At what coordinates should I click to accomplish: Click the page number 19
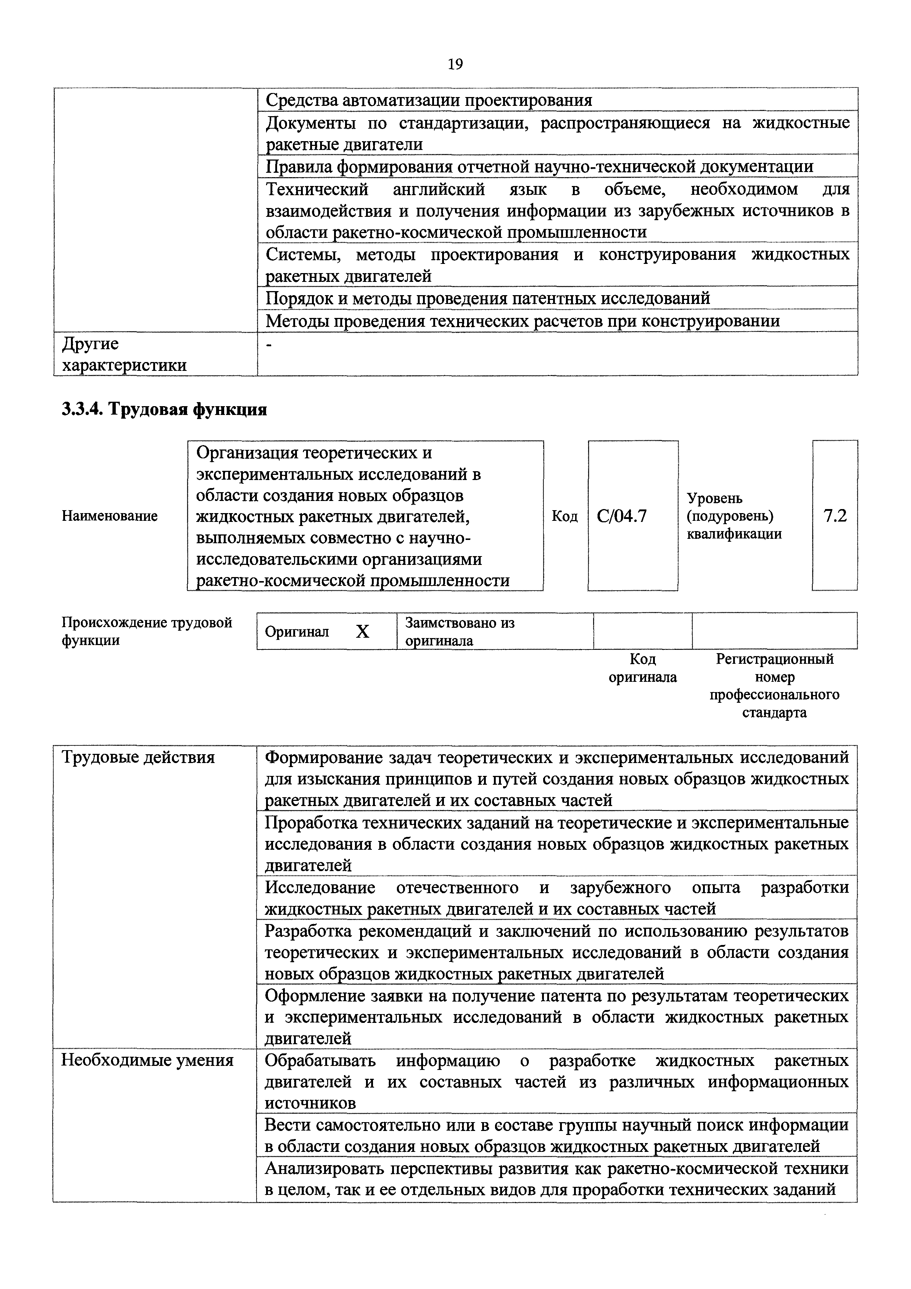(x=455, y=65)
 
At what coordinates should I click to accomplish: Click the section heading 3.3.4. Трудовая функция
(x=164, y=409)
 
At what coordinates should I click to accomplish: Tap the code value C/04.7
(x=622, y=515)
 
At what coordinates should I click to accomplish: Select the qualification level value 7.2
(x=835, y=515)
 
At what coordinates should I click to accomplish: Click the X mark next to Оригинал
(x=363, y=632)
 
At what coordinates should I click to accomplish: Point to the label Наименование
(x=110, y=515)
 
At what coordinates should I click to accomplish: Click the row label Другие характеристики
(x=123, y=354)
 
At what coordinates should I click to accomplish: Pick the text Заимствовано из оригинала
(x=460, y=631)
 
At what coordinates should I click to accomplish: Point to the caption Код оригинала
(x=643, y=667)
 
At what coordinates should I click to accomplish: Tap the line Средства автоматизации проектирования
(x=429, y=100)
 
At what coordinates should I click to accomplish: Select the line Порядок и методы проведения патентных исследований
(x=487, y=298)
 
